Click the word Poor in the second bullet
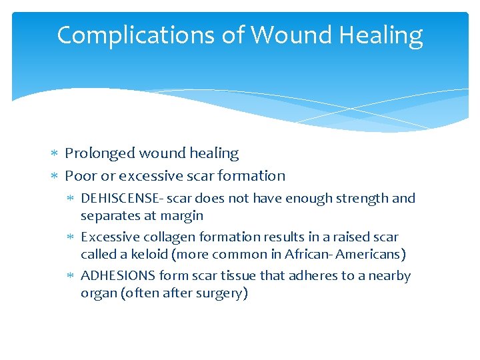click(x=79, y=176)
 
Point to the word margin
click(x=181, y=215)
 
